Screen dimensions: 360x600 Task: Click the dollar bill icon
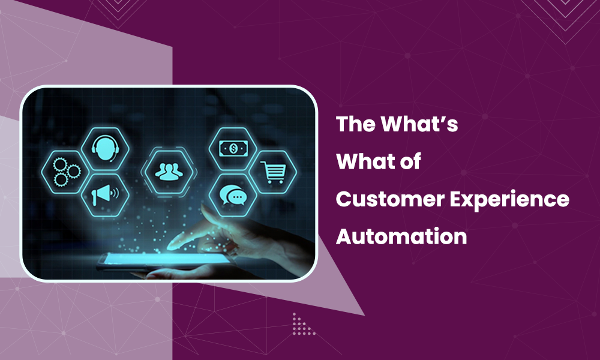(x=230, y=147)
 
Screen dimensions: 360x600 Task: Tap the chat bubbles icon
(x=231, y=195)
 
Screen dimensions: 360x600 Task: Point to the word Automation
(x=401, y=236)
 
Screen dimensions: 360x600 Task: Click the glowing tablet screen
(x=138, y=259)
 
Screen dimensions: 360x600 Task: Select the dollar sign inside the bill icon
(x=231, y=147)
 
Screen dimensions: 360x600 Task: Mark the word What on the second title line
(x=364, y=163)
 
